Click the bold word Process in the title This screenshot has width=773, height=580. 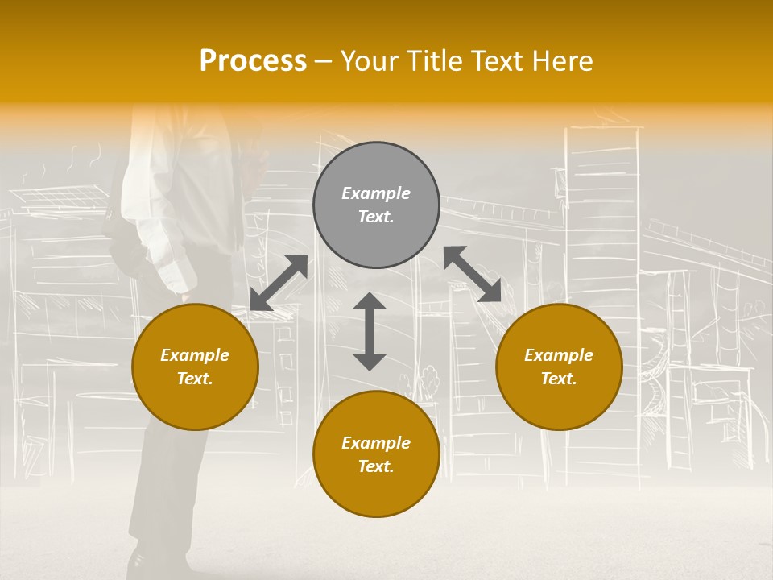(253, 61)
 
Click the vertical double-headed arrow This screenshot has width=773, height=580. (370, 331)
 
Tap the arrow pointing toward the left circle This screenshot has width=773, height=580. (279, 283)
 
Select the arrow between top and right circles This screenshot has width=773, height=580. (472, 274)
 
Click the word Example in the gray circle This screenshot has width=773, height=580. (376, 193)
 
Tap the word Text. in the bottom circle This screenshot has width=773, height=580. (376, 466)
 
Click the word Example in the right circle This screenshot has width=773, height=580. (559, 355)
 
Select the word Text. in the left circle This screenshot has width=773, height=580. (195, 379)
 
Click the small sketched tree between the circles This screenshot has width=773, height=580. (429, 379)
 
